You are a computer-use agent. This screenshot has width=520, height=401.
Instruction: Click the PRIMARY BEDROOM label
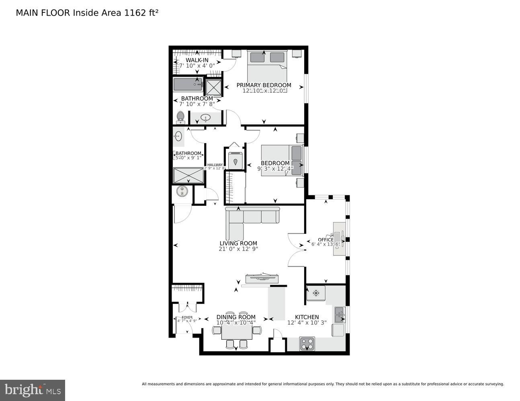264,85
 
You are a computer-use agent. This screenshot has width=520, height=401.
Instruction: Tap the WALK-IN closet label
197,60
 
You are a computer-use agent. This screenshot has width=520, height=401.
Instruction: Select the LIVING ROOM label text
238,243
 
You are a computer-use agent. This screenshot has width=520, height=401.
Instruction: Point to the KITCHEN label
307,317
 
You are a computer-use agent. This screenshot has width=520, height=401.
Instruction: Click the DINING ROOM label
236,317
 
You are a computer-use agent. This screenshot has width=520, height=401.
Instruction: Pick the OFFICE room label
326,240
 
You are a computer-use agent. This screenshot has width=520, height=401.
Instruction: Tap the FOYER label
187,317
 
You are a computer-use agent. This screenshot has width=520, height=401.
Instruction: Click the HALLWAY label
215,165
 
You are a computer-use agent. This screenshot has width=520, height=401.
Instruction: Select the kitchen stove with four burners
307,344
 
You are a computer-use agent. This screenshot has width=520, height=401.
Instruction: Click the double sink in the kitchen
340,314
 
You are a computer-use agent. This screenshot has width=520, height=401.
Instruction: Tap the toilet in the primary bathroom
180,117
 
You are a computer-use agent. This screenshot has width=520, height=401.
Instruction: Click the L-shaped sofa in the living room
245,221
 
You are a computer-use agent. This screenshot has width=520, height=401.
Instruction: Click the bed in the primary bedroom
267,66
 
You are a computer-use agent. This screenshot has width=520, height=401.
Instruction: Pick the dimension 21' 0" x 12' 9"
238,249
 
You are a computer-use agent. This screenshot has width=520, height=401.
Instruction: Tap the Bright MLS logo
32,390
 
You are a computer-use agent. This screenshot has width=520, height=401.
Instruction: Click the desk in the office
339,239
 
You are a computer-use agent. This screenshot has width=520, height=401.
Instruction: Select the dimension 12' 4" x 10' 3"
307,322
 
